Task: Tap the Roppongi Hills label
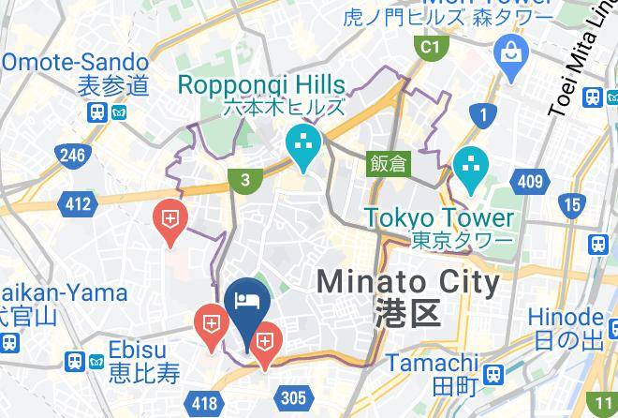(261, 85)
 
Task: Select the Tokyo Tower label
(439, 217)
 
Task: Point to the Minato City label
(407, 281)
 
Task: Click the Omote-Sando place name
(74, 63)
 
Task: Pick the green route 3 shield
(244, 181)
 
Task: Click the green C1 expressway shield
(430, 47)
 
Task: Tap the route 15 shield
(571, 203)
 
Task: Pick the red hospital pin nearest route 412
(169, 221)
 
